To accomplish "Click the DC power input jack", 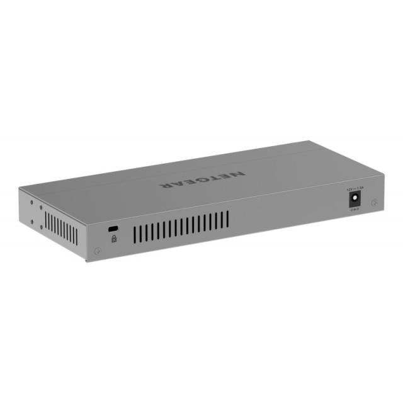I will [x=355, y=199].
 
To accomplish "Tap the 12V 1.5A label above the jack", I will [x=355, y=188].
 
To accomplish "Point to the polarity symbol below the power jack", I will [x=355, y=210].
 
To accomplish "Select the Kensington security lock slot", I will [x=113, y=227].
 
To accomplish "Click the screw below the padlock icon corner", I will [x=96, y=251].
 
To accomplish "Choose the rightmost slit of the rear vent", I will [x=227, y=219].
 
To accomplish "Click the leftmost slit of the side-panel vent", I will [x=45, y=220].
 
